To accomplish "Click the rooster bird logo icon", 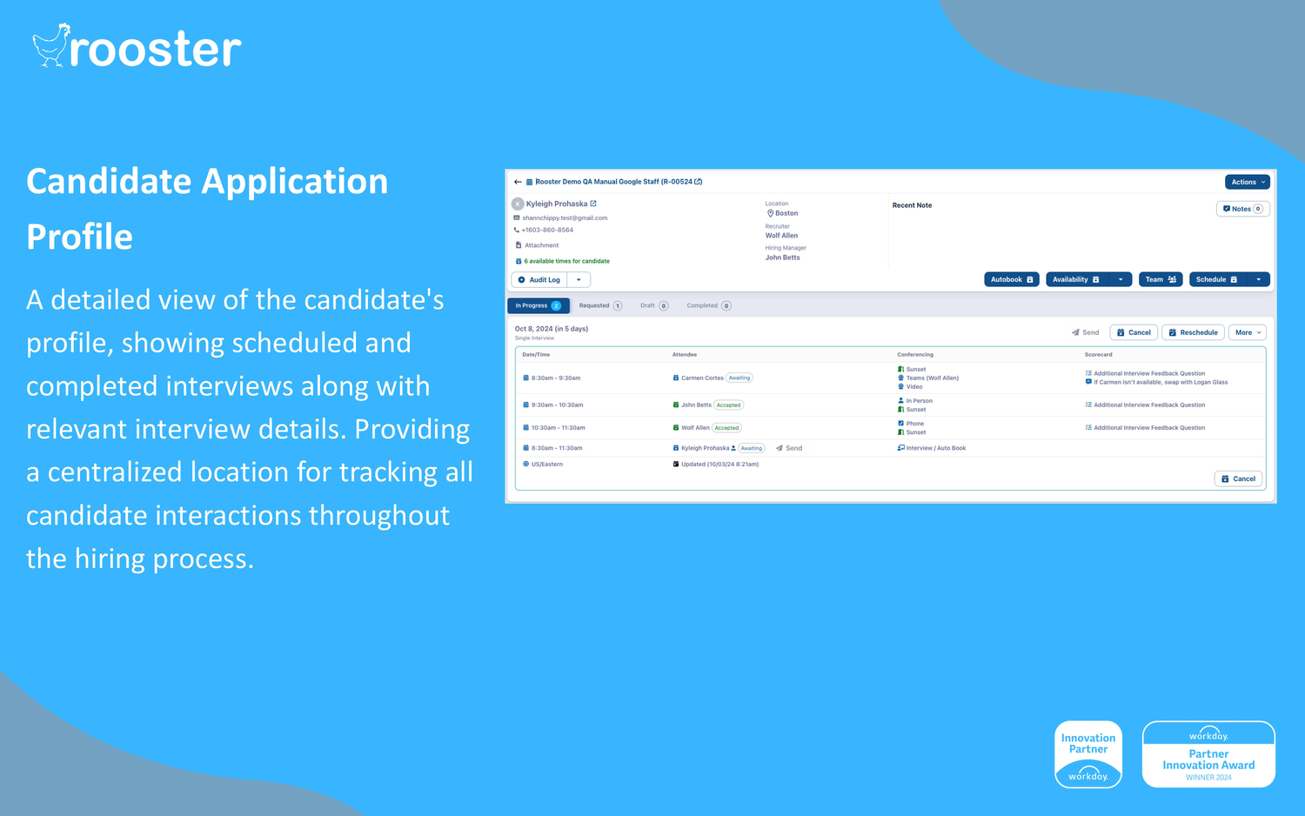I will [x=50, y=45].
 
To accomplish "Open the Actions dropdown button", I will [x=1248, y=182].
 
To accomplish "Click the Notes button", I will [x=1242, y=209].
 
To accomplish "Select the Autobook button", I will [x=1011, y=279].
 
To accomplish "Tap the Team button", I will [x=1160, y=279].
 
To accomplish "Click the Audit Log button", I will [x=539, y=280].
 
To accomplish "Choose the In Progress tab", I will [x=538, y=305].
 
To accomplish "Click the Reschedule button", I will [x=1193, y=332].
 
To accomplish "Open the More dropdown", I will [x=1248, y=332].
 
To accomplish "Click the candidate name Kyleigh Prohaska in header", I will [x=557, y=204].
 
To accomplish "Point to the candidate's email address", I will [x=565, y=218].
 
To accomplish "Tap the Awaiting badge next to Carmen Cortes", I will [x=739, y=378].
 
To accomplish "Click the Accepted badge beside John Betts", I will [x=728, y=405].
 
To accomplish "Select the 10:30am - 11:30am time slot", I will [x=558, y=428].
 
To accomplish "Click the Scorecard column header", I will [x=1099, y=355].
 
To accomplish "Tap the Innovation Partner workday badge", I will [x=1088, y=753].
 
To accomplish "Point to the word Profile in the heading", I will [x=79, y=237].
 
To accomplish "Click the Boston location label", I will [x=786, y=213].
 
